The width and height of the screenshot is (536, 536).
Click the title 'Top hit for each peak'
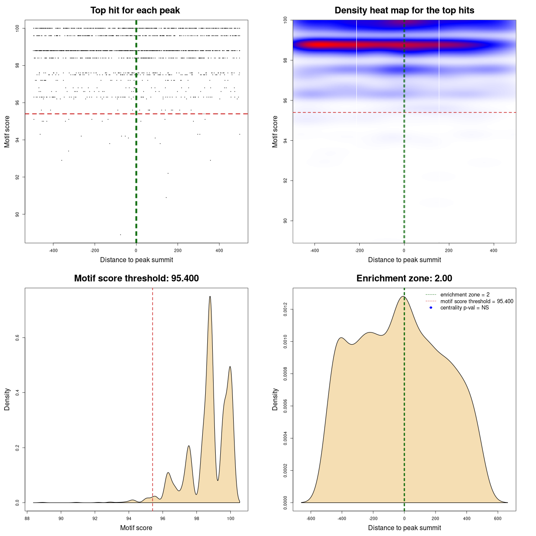[135, 10]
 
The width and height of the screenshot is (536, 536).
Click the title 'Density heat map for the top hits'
[404, 10]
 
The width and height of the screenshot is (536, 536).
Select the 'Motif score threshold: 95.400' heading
[136, 278]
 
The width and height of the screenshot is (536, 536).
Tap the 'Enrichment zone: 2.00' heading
[404, 278]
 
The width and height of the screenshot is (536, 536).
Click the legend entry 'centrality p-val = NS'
[464, 308]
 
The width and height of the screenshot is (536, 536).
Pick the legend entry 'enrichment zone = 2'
[465, 295]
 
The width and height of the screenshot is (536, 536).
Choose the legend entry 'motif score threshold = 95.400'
[477, 301]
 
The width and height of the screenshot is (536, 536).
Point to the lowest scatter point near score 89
[120, 234]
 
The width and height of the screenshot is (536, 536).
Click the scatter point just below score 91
[166, 197]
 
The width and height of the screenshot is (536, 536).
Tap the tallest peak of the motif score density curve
[210, 296]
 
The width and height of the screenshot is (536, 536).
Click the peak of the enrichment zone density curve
[403, 296]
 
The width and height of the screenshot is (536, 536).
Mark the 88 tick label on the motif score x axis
[27, 518]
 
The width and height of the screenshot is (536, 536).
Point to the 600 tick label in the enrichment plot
[498, 518]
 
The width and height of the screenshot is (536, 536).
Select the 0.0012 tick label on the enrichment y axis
[286, 309]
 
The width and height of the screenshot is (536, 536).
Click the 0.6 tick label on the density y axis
[18, 338]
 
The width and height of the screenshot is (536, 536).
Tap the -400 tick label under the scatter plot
[53, 250]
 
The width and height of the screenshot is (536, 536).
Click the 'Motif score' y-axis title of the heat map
[275, 131]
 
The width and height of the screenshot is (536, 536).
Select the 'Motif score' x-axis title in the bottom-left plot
[136, 528]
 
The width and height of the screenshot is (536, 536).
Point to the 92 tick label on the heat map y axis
[286, 180]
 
